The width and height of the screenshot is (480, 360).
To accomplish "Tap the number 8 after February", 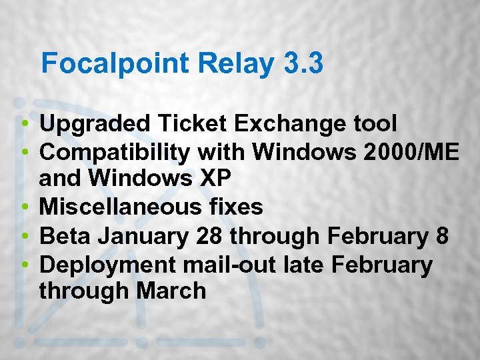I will click(x=442, y=236).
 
